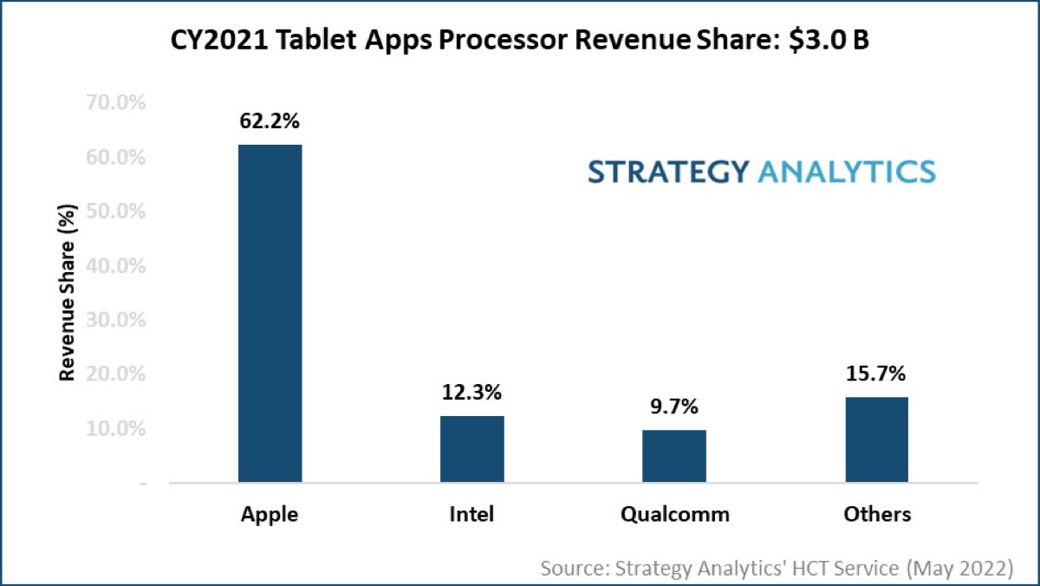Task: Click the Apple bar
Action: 270,313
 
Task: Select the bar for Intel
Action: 471,449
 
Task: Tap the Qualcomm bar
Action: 674,456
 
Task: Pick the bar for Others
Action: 876,439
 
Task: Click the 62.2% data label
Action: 270,120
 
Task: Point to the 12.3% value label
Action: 471,393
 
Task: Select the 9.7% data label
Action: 674,407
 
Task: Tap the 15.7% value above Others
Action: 876,374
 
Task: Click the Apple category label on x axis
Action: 270,514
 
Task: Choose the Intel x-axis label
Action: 471,514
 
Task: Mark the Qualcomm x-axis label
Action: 674,514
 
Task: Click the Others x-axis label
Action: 877,514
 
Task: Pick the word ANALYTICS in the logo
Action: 847,171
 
